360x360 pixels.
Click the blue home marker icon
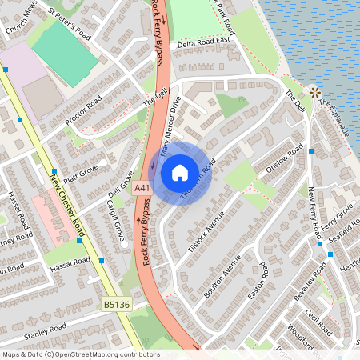180,173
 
